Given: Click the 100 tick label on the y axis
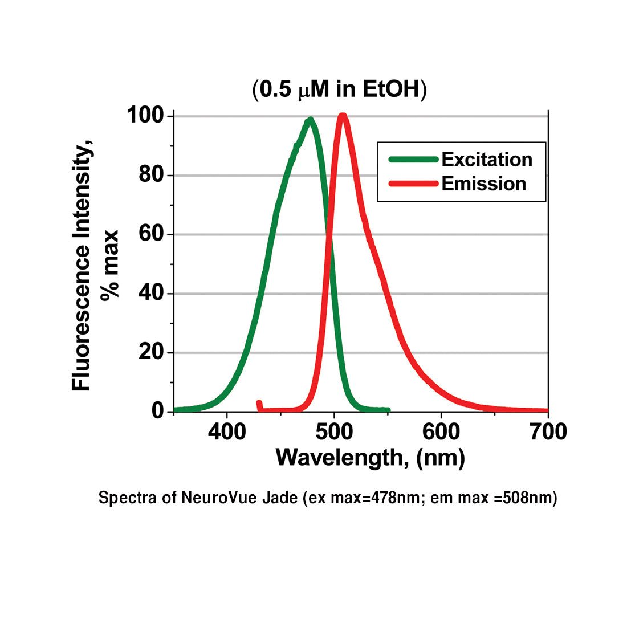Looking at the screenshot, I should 145,116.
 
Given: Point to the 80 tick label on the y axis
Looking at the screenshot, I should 152,174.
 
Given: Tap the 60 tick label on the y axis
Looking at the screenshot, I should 152,234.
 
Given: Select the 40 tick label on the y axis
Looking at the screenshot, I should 152,293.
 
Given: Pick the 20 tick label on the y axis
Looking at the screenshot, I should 152,352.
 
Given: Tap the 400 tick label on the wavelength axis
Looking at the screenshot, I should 227,432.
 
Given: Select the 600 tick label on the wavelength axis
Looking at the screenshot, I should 441,432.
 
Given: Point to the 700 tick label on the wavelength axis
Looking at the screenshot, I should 547,432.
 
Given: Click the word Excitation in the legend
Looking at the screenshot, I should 487,160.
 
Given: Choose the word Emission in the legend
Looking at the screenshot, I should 483,184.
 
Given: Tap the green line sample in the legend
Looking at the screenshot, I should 413,160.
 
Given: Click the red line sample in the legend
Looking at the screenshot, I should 413,184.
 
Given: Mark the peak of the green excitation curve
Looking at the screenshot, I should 310,120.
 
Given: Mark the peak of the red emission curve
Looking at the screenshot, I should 343,116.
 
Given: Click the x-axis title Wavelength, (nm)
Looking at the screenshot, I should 370,458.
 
